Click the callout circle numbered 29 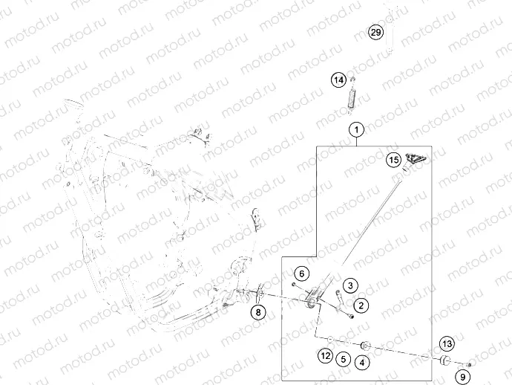(x=376, y=32)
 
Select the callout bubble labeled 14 (x=338, y=80)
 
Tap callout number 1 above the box (x=357, y=129)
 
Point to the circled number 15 (x=393, y=159)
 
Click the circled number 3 (x=350, y=285)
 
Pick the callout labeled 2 (x=361, y=305)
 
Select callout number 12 (x=325, y=356)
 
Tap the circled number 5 (x=342, y=359)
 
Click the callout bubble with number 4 (x=361, y=363)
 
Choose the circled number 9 (x=461, y=377)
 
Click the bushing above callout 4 (x=365, y=346)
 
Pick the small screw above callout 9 (x=469, y=363)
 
